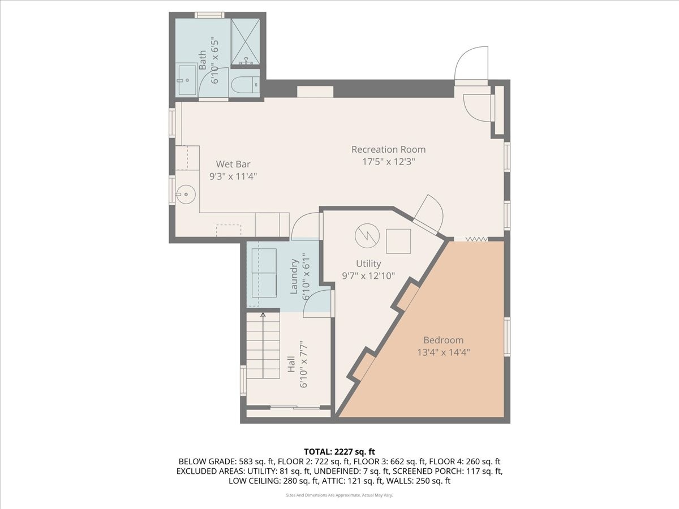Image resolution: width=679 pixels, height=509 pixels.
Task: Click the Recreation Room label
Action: [x=388, y=149]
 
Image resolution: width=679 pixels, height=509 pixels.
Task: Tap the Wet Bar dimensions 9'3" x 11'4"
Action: [x=233, y=176]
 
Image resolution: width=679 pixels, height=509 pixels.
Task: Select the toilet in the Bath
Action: [x=245, y=84]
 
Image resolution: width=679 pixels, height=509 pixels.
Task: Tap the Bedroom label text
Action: [x=443, y=340]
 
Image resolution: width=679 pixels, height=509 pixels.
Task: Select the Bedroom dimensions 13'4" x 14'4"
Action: [x=443, y=352]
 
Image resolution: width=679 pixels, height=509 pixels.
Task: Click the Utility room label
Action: [x=368, y=264]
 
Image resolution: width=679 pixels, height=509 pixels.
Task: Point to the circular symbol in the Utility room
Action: [x=366, y=236]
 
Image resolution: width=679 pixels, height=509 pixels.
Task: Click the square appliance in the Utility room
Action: [x=398, y=241]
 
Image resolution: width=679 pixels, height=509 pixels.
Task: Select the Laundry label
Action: [x=294, y=277]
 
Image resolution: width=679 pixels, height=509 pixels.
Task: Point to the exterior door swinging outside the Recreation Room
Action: [x=472, y=63]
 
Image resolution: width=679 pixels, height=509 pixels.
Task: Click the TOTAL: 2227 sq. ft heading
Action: [x=339, y=451]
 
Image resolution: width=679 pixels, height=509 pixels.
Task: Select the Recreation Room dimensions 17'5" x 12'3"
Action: [x=388, y=161]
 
